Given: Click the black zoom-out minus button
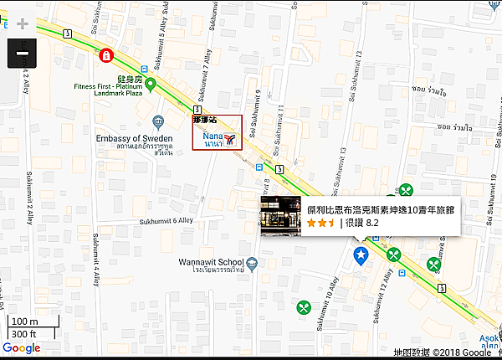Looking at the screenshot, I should coord(22,54).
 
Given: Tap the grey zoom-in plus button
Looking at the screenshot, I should coord(22,23).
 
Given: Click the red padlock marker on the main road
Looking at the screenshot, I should coord(106,56).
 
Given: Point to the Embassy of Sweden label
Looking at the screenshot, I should coord(134,139).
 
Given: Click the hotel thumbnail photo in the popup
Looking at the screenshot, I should coord(281,217).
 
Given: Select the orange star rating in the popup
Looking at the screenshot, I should coord(321,224).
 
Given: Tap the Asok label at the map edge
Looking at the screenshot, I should coord(490,339).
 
